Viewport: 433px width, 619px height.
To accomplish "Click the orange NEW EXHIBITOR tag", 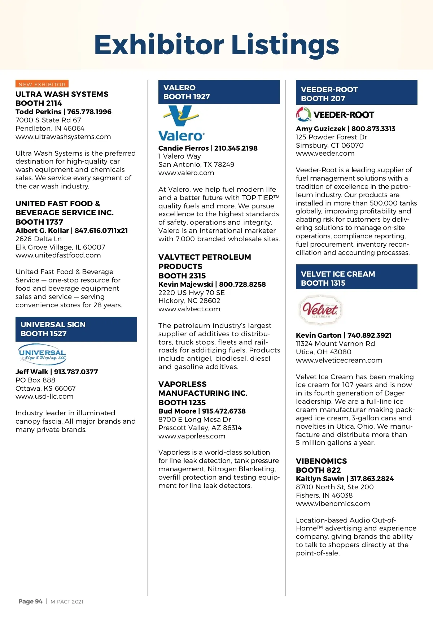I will pyautogui.click(x=42, y=84).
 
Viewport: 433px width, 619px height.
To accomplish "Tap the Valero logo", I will pyautogui.click(x=181, y=123).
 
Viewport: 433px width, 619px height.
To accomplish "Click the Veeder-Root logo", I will pyautogui.click(x=335, y=115).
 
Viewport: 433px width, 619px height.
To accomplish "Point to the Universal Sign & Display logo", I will pyautogui.click(x=42, y=354).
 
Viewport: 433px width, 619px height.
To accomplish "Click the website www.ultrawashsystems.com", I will pyautogui.click(x=63, y=137).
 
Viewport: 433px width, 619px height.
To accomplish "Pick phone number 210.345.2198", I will pyautogui.click(x=236, y=148).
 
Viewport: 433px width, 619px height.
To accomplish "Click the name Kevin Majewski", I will pyautogui.click(x=185, y=284).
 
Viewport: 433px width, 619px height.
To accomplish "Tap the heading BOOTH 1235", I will pyautogui.click(x=182, y=402).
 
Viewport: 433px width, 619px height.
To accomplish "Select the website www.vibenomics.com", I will pyautogui.click(x=333, y=503).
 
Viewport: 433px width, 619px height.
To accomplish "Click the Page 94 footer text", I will pyautogui.click(x=30, y=601).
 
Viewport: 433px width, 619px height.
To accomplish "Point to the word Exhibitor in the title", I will pyautogui.click(x=159, y=45).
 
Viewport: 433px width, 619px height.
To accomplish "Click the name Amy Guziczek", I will pyautogui.click(x=320, y=129).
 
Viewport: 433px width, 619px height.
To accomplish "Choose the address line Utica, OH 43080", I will pyautogui.click(x=323, y=352).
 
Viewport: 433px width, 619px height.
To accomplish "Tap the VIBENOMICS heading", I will pyautogui.click(x=321, y=461).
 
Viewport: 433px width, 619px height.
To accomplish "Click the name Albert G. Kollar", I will pyautogui.click(x=42, y=230).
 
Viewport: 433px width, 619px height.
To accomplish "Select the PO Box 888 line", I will pyautogui.click(x=35, y=380).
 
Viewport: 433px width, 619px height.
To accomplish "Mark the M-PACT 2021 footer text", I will pyautogui.click(x=67, y=602).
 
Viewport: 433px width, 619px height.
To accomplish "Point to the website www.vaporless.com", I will pyautogui.click(x=192, y=436).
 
